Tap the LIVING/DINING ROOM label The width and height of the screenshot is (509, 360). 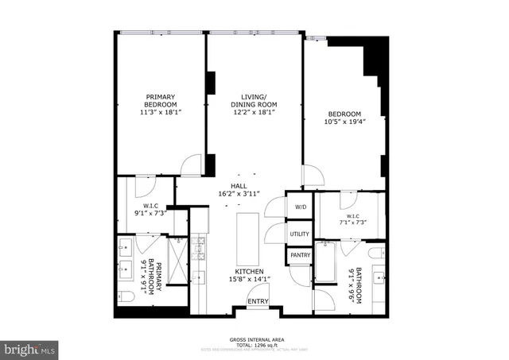tap(254, 101)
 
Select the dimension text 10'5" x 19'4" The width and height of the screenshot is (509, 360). tap(345, 122)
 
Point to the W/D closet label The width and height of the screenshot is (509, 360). tap(300, 207)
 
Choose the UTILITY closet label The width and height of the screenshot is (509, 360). tap(299, 234)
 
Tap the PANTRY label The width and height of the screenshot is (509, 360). tap(300, 255)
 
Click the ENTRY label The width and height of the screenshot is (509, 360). tap(257, 301)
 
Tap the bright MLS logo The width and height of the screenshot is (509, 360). tap(30, 348)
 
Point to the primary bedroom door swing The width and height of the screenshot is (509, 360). tap(192, 165)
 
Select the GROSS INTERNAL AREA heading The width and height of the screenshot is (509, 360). tap(254, 339)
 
